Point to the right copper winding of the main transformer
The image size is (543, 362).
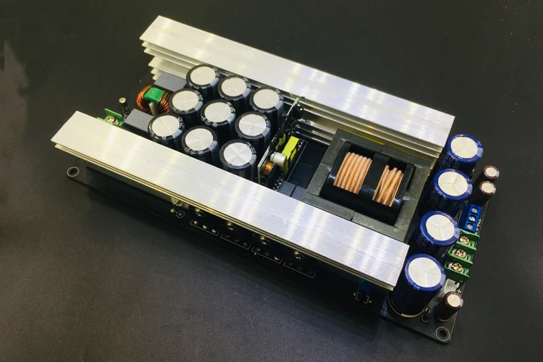coord(390,187)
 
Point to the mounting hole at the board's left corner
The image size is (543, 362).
coord(73,172)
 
